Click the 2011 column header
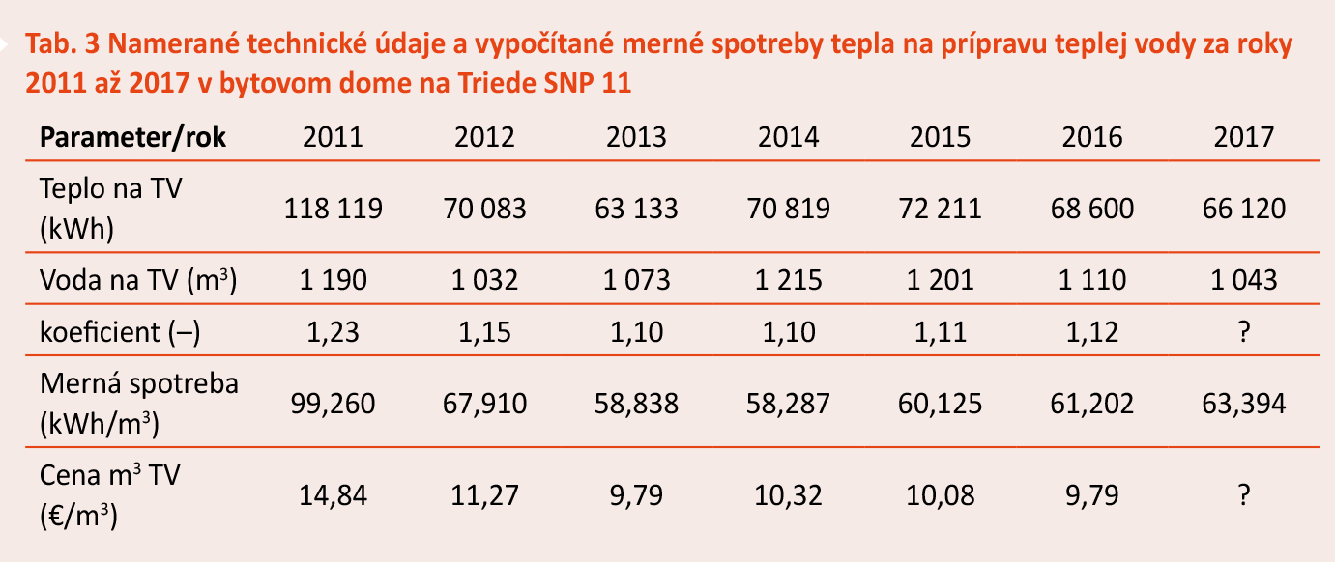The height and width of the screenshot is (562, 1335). [333, 137]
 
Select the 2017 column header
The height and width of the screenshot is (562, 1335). [1244, 137]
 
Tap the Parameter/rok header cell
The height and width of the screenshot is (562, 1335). [132, 137]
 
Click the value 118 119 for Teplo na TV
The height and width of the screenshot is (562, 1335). [333, 208]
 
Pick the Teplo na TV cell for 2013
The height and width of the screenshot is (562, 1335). [636, 208]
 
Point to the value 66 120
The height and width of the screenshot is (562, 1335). [1244, 208]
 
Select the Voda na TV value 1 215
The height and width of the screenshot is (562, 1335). [789, 280]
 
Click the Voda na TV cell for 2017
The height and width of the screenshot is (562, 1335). [1244, 280]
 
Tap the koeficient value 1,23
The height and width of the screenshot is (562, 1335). [333, 332]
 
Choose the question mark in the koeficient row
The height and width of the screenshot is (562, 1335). [1244, 332]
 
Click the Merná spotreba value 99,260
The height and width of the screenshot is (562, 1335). [333, 403]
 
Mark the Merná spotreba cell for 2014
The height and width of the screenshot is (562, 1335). [789, 403]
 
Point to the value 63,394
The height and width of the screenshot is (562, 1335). [1244, 403]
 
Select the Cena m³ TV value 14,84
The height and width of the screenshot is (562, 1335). [333, 495]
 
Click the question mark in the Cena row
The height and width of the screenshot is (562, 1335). [1244, 495]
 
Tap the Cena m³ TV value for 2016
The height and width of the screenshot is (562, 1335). [1092, 495]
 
